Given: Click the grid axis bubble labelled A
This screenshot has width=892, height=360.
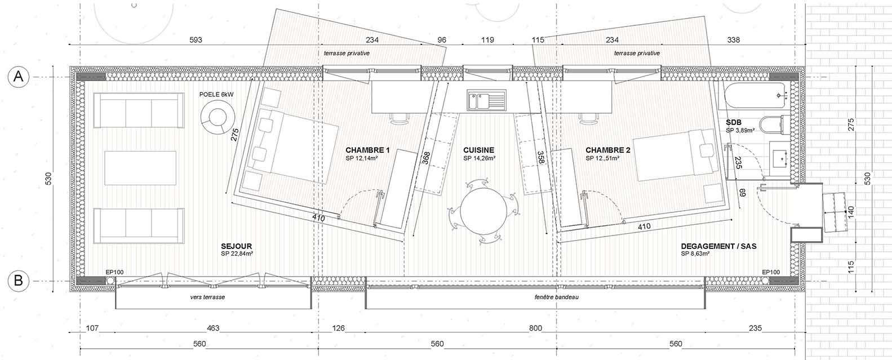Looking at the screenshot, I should coord(19,77).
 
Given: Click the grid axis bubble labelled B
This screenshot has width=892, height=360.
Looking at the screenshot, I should coord(19,280).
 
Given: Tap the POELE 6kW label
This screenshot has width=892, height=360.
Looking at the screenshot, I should coord(216,95).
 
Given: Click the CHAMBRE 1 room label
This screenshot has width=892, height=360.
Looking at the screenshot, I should coord(367,150).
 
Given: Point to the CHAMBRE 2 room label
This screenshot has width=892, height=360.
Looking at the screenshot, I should coord(607,150).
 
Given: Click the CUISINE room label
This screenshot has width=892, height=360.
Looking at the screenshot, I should coord(478,150).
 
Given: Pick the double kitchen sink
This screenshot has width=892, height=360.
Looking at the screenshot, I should coord(486,101).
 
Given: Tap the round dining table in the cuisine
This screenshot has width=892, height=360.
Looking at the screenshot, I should coord(482,211).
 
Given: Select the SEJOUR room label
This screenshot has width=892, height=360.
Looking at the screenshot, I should coord(236,247).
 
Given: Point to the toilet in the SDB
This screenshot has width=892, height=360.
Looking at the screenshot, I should coord(773,125).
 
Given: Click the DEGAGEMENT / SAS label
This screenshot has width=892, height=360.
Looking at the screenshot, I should coord(718,246).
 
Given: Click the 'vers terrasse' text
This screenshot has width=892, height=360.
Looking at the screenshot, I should coord(207,297).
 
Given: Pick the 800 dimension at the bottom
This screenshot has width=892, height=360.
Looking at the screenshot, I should coord(535,328).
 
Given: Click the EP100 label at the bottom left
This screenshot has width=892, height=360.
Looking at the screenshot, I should coord(114,272).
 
